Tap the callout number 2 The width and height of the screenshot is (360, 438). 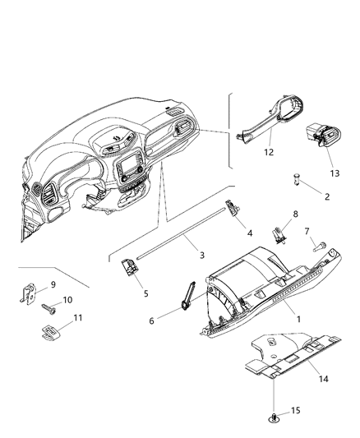pyautogui.click(x=326, y=197)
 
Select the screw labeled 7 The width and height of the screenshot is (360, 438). pyautogui.click(x=319, y=245)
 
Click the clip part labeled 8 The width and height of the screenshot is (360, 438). pyautogui.click(x=279, y=236)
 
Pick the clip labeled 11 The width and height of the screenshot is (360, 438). pyautogui.click(x=49, y=330)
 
